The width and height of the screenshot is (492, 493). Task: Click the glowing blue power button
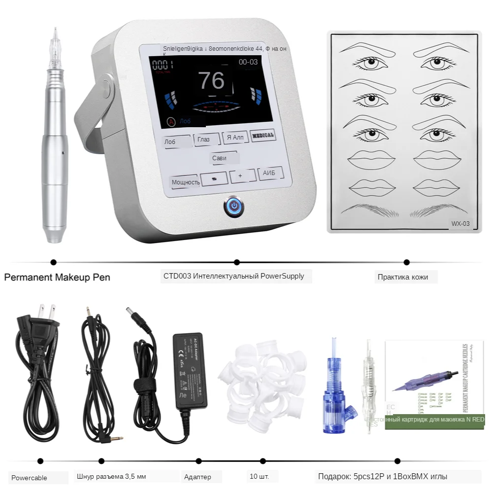click(233, 207)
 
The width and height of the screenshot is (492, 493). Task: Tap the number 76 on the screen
click(211, 80)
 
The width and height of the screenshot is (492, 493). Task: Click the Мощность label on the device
click(185, 182)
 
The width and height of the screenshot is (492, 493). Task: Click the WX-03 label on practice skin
click(460, 224)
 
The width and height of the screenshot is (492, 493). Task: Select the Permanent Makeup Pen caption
click(57, 277)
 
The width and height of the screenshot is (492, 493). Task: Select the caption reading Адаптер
click(197, 477)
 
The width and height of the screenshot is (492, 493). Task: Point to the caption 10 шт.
click(260, 477)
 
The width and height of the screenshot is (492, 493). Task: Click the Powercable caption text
click(30, 478)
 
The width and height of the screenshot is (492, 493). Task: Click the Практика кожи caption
click(403, 277)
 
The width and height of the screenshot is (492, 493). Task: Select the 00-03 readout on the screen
click(248, 62)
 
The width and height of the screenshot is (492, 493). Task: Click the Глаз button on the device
click(203, 140)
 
